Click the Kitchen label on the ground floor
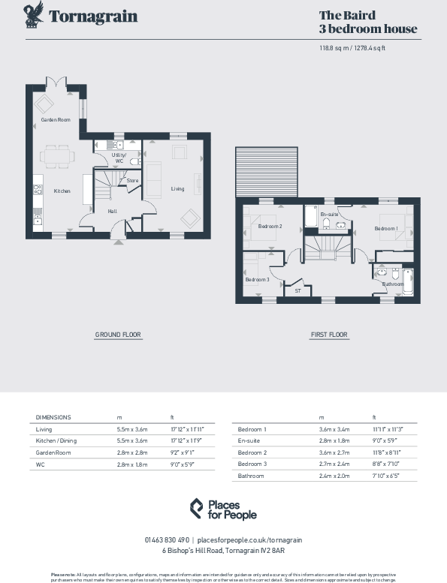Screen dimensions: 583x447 click(62, 191)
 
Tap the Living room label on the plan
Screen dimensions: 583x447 click(177, 188)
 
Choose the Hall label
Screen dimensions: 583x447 click(112, 211)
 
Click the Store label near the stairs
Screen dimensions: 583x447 click(132, 181)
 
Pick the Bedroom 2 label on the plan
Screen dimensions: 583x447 click(270, 226)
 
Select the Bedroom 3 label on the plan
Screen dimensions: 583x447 click(257, 280)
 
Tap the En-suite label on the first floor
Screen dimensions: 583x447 click(328, 215)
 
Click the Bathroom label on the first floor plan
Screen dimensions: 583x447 click(393, 284)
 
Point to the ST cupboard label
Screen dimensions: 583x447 click(297, 290)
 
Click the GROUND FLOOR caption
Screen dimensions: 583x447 click(118, 334)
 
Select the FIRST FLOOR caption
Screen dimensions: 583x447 click(329, 335)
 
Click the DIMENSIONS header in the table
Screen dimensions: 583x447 click(53, 416)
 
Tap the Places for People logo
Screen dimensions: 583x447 click(222, 509)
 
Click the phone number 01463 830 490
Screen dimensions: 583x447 click(168, 539)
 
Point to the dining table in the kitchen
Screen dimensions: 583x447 click(57, 157)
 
